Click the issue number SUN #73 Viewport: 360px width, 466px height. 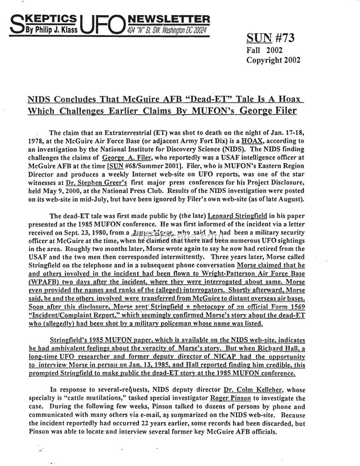[270, 38]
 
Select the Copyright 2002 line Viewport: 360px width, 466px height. [273, 60]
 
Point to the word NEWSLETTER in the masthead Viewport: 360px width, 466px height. [169, 19]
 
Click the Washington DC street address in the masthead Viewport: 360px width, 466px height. [166, 30]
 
